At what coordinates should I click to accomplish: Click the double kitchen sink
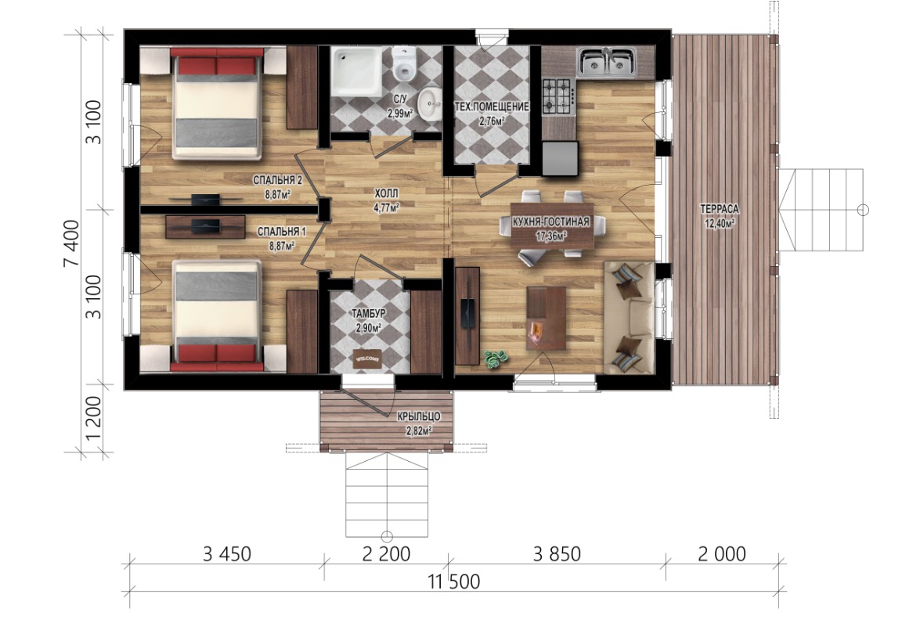pyautogui.click(x=606, y=62)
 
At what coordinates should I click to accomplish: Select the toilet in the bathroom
pyautogui.click(x=405, y=64)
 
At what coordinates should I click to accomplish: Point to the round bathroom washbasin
pyautogui.click(x=429, y=103)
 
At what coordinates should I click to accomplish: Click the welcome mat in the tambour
pyautogui.click(x=368, y=359)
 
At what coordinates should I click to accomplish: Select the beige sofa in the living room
pyautogui.click(x=630, y=318)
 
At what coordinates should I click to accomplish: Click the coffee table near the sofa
pyautogui.click(x=546, y=318)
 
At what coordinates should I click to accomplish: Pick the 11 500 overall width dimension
pyautogui.click(x=454, y=582)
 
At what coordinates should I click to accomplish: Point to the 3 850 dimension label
pyautogui.click(x=557, y=554)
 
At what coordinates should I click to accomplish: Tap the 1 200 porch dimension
pyautogui.click(x=93, y=418)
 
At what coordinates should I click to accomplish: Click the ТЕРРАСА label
pyautogui.click(x=720, y=209)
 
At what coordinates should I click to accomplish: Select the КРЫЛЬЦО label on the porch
pyautogui.click(x=419, y=416)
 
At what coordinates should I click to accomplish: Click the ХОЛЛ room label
pyautogui.click(x=386, y=193)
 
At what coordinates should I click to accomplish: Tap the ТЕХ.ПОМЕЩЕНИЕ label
pyautogui.click(x=492, y=107)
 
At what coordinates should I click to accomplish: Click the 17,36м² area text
pyautogui.click(x=552, y=236)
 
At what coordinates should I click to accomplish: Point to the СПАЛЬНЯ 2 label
pyautogui.click(x=278, y=181)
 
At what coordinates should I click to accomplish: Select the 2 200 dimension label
pyautogui.click(x=386, y=554)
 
